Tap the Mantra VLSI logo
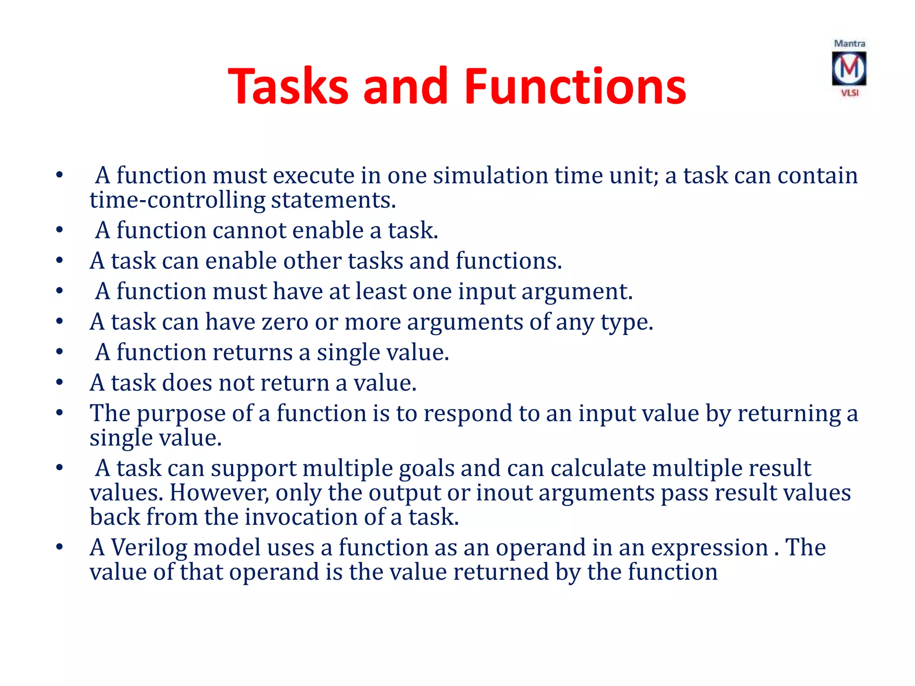(x=849, y=68)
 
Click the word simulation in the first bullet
(x=491, y=176)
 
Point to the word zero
(x=285, y=322)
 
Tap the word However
(x=219, y=493)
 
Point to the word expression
(x=709, y=548)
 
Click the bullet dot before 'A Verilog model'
(x=59, y=547)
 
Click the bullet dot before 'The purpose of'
(x=59, y=413)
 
